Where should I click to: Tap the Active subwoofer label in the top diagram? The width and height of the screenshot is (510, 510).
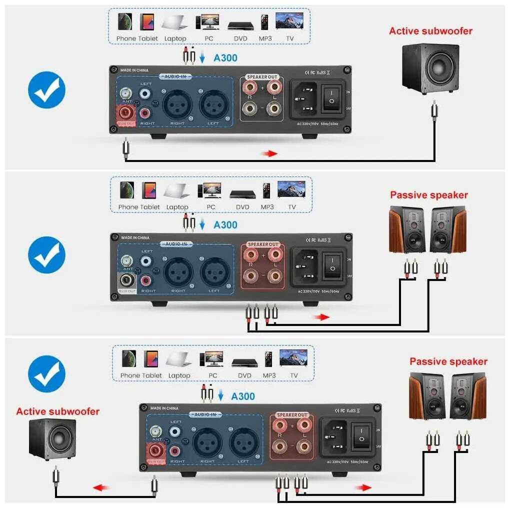430,31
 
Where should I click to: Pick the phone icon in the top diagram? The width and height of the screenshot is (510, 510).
125,21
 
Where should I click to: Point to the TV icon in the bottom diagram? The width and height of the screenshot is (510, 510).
293,358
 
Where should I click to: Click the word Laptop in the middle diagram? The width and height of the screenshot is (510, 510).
177,207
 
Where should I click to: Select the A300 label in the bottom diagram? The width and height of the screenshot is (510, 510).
243,396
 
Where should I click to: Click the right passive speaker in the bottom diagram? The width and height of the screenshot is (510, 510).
467,396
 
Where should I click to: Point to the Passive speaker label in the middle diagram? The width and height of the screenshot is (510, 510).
429,195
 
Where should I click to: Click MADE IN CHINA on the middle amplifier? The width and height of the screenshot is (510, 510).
135,237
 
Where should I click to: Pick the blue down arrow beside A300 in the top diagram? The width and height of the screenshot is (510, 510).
202,58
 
